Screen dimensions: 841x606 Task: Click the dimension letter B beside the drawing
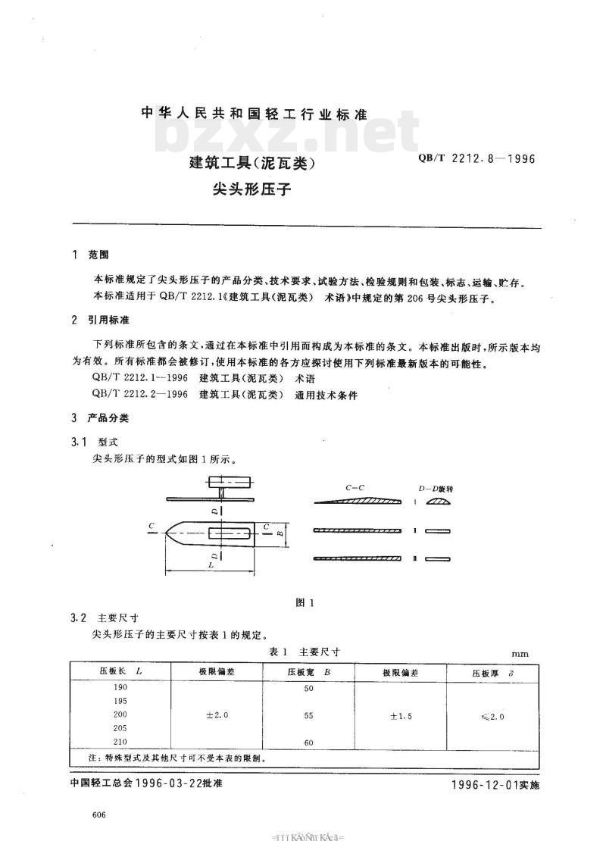click(280, 533)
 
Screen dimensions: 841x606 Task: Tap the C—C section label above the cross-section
click(355, 489)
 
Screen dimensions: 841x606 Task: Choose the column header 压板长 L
click(120, 672)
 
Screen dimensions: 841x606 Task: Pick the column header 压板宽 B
click(308, 672)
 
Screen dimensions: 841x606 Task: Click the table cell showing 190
click(120, 687)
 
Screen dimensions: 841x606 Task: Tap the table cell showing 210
click(120, 742)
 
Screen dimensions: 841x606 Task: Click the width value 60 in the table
click(308, 743)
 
